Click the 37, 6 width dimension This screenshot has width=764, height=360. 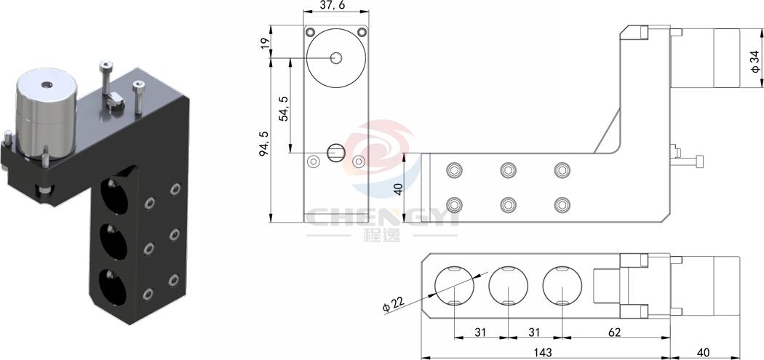[x=335, y=5]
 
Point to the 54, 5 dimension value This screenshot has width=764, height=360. [x=284, y=108]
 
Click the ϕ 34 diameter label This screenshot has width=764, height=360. [x=755, y=63]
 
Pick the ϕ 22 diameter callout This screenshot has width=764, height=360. [x=394, y=305]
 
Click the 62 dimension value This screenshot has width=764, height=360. [x=615, y=332]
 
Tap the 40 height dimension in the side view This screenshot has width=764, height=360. [x=399, y=189]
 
